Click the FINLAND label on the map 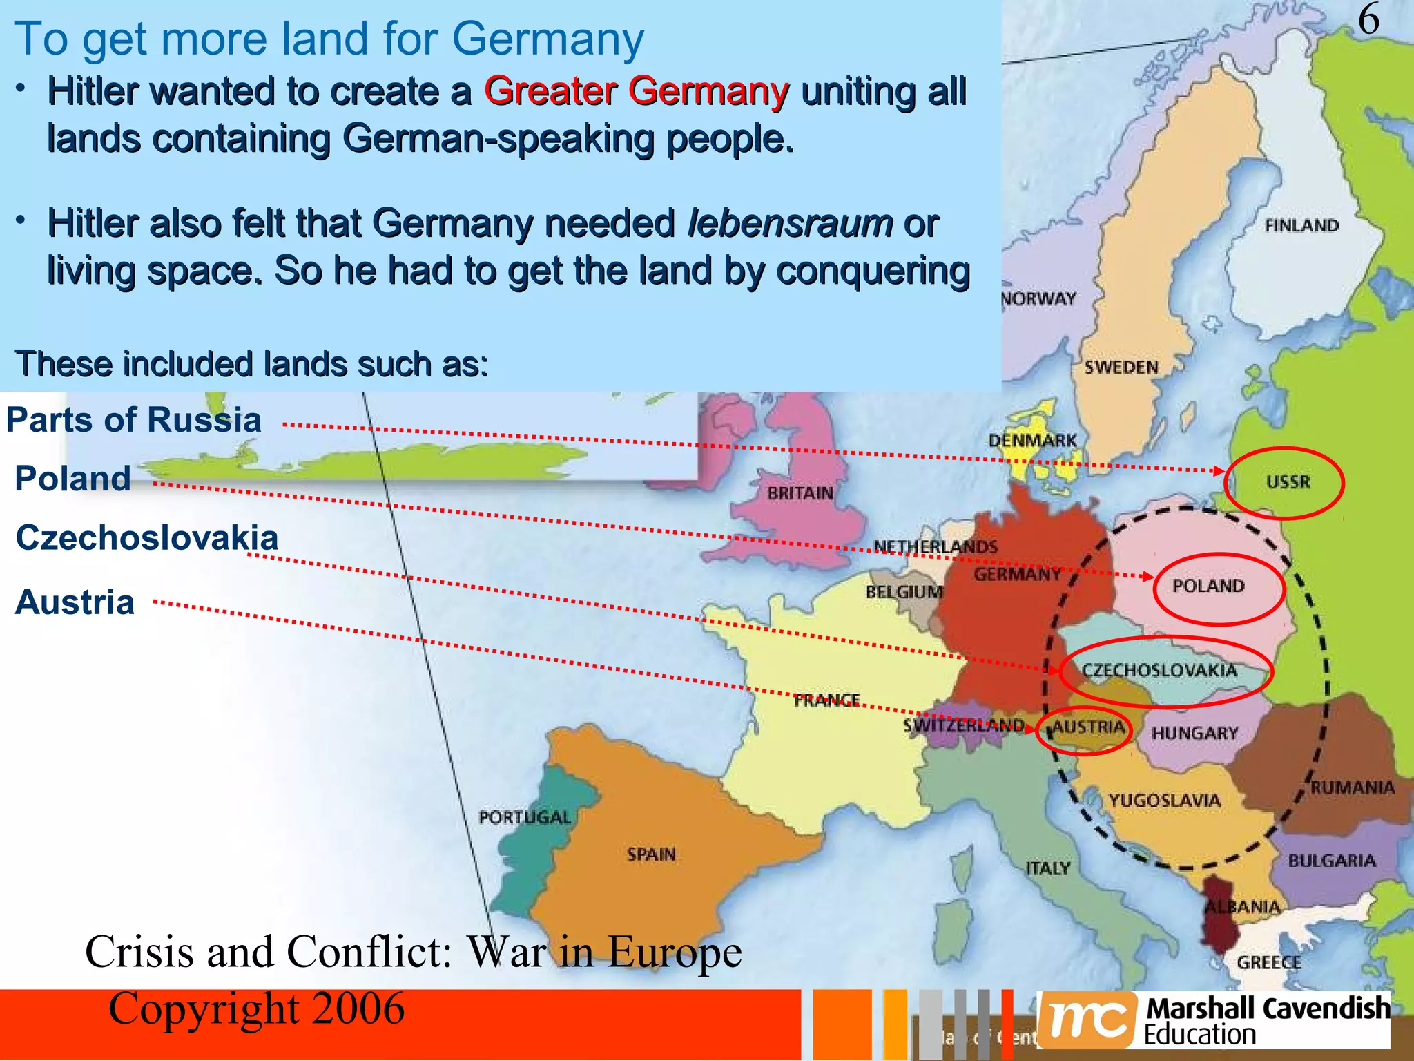coord(1301,225)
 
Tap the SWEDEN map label coord(1121,367)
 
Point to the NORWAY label coord(1039,298)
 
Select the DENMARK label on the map coord(1032,440)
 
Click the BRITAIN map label coord(800,493)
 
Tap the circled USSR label coord(1288,482)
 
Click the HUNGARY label coord(1194,733)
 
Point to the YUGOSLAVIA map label coord(1165,801)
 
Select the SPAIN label coord(651,854)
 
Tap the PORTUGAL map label coord(525,817)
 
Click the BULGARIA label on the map coord(1332,861)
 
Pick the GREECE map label coord(1269,962)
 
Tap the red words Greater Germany coord(636,91)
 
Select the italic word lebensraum coord(791,223)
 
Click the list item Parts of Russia coord(134,420)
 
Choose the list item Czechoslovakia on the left coord(146,537)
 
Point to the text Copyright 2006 coord(256,1009)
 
